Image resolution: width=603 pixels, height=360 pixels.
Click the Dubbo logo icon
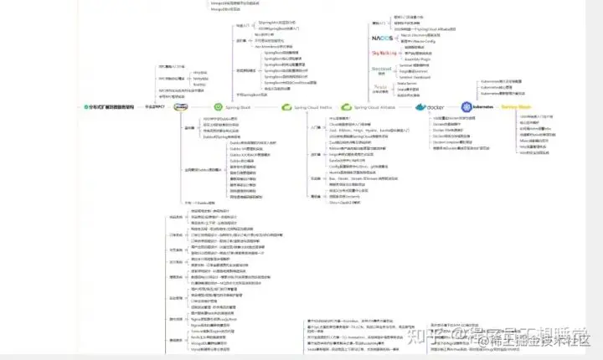point(180,107)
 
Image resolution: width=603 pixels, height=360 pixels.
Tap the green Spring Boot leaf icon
point(219,107)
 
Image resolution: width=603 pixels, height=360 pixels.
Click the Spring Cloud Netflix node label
point(313,107)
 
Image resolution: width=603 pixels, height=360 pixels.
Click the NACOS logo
point(383,38)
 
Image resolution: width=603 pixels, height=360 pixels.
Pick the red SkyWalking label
point(384,53)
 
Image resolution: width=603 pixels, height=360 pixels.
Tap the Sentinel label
point(382,68)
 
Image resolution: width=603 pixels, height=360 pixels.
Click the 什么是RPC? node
point(152,107)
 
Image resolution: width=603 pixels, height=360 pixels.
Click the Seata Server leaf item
point(408,84)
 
